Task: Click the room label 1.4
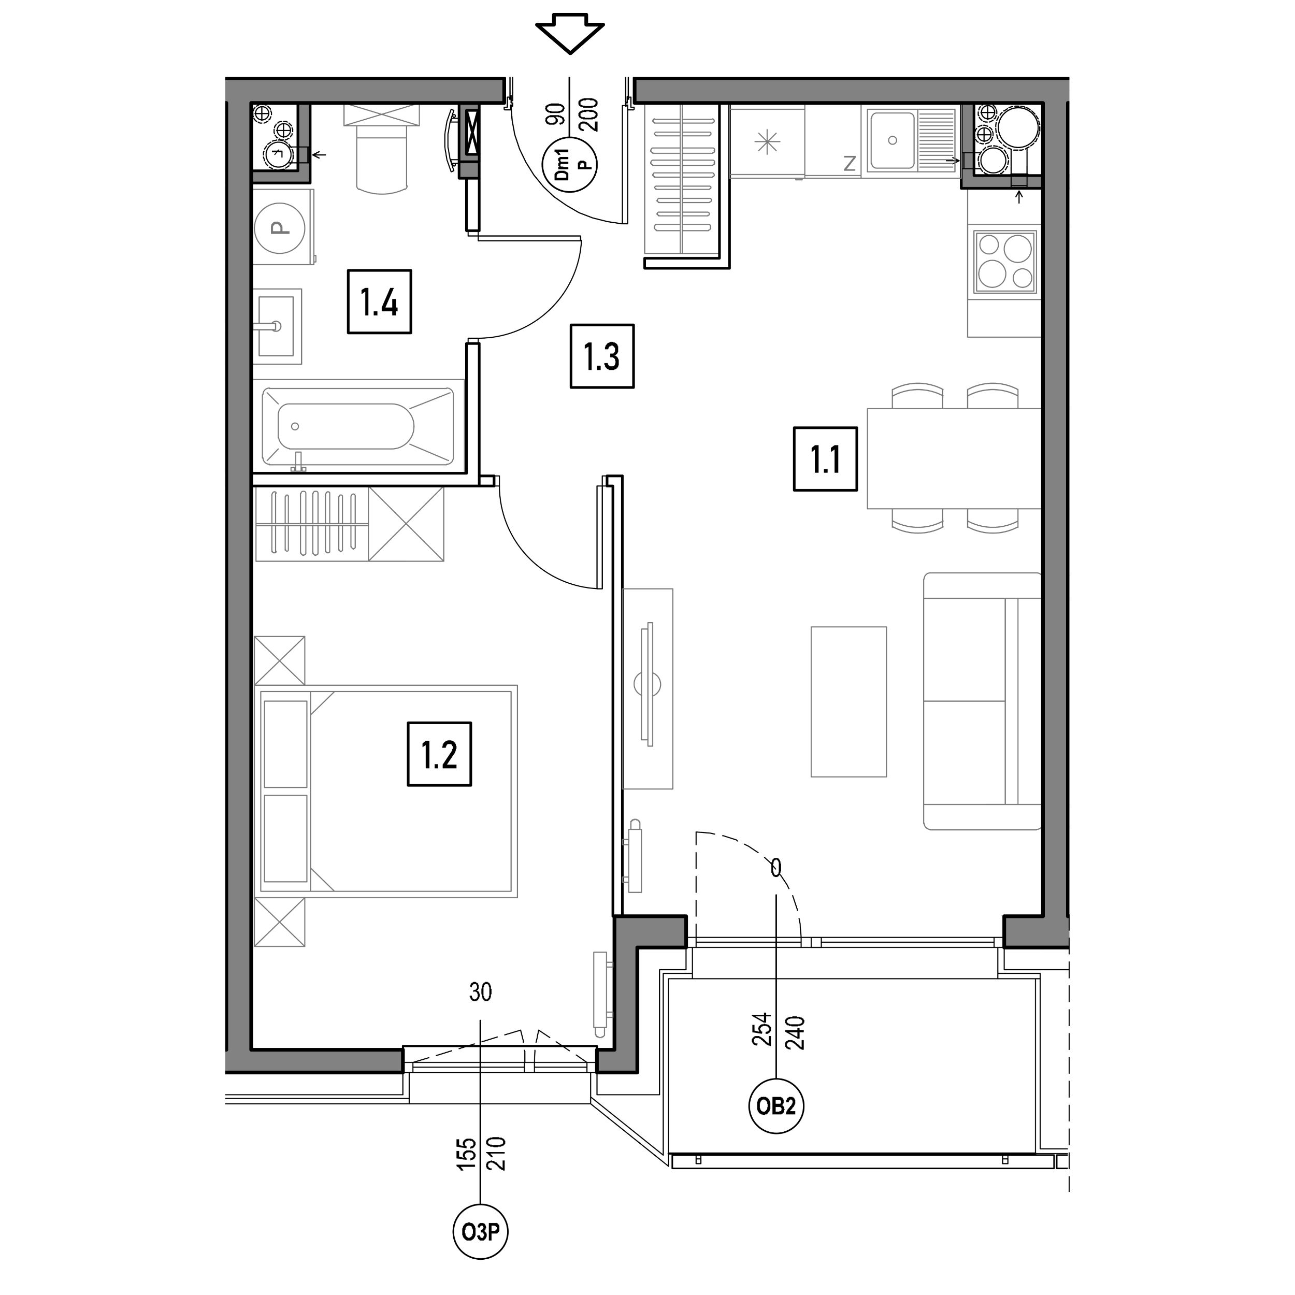click(x=379, y=301)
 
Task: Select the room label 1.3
click(x=602, y=356)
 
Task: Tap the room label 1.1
click(x=825, y=459)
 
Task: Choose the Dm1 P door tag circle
click(x=570, y=165)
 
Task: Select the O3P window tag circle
click(x=481, y=1232)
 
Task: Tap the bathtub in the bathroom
click(x=358, y=426)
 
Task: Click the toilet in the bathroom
click(x=381, y=149)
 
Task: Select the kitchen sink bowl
click(x=891, y=141)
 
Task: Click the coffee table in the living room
click(x=848, y=702)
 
